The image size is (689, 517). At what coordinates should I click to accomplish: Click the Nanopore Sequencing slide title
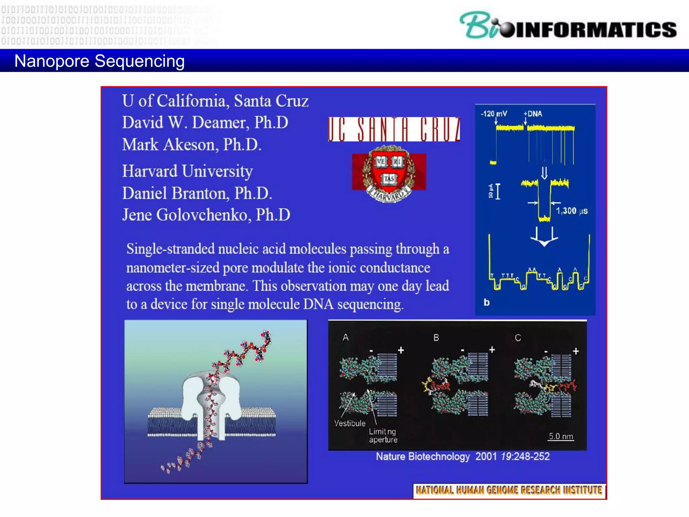click(100, 61)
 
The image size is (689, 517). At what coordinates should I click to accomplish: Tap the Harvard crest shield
click(389, 172)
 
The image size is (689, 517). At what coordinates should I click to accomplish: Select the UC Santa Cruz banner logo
click(394, 129)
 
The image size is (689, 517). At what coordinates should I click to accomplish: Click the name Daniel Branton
click(196, 194)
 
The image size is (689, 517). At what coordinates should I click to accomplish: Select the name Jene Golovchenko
click(206, 215)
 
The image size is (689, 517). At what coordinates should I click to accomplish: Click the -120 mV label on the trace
click(494, 114)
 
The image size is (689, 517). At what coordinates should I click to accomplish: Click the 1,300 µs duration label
click(571, 211)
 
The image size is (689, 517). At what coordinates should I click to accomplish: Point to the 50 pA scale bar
click(497, 191)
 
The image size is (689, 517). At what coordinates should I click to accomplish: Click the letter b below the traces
click(486, 302)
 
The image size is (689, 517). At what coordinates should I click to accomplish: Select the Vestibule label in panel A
click(350, 423)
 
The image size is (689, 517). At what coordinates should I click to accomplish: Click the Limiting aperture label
click(383, 436)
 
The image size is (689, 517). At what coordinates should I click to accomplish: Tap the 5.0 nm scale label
click(560, 436)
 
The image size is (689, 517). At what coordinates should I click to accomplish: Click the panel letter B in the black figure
click(436, 338)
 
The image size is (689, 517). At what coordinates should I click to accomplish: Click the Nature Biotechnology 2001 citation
click(463, 456)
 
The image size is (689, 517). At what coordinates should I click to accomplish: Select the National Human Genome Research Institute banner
click(509, 490)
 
